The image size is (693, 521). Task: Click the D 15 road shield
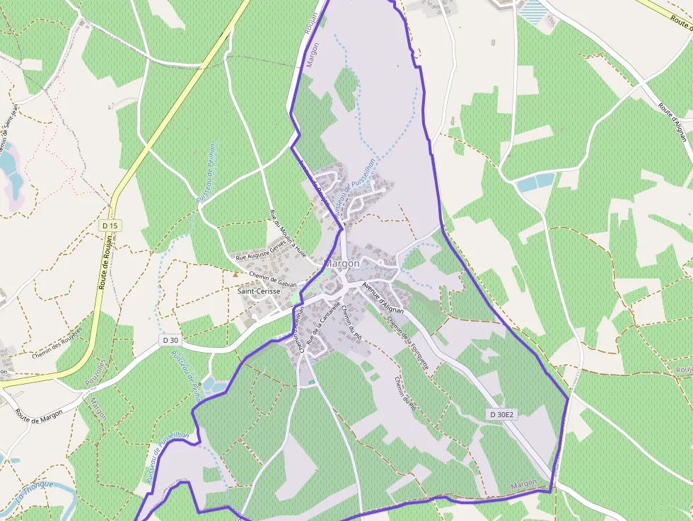tap(111, 226)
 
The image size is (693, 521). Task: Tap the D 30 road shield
tap(170, 340)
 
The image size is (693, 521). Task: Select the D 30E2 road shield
tap(501, 414)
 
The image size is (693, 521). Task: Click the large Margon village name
tap(342, 263)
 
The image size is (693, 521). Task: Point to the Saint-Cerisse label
tap(257, 291)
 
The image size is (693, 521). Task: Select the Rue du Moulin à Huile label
tap(289, 233)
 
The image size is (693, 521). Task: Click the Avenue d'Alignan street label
tap(383, 298)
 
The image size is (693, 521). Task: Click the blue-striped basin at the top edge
tap(534, 8)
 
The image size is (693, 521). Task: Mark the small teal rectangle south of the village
tap(311, 382)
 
